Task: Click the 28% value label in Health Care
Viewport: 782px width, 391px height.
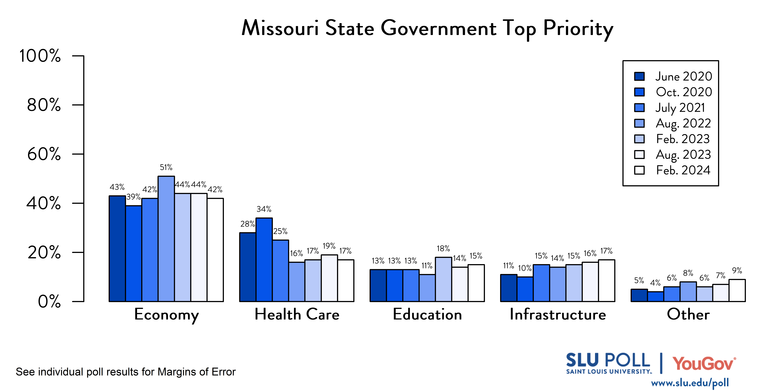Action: [247, 224]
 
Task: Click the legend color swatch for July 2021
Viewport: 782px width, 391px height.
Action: [639, 108]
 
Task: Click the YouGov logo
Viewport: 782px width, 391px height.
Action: [704, 363]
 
